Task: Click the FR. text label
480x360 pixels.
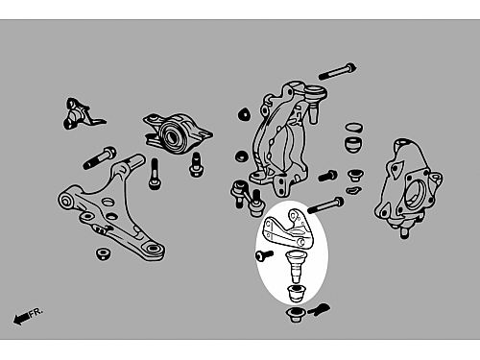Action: pos(36,313)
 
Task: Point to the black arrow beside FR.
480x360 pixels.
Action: pos(21,318)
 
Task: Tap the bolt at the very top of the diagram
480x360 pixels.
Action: pos(337,71)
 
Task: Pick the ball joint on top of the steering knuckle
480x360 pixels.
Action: pos(314,103)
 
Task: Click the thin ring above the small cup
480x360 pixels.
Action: pos(354,127)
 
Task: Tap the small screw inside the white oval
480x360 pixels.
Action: pos(264,255)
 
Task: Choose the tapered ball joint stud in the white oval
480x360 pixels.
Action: pos(296,266)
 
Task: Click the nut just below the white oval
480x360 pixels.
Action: pos(295,315)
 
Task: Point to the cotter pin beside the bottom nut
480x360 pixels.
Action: pos(319,310)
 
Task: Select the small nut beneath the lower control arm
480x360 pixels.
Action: pos(103,253)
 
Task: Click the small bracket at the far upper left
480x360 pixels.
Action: pos(82,113)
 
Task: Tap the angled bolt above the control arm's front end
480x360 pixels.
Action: pos(100,157)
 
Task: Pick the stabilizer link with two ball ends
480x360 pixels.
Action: pos(248,198)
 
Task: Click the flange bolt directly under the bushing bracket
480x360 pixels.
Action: pos(195,164)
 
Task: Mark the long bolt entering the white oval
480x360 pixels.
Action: pos(325,205)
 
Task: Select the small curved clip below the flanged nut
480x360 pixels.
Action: pos(353,190)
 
